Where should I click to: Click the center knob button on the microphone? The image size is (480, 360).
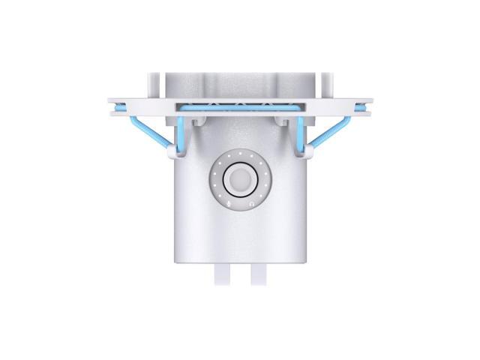240,181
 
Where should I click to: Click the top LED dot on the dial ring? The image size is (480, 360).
240,156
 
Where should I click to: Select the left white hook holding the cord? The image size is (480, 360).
172,153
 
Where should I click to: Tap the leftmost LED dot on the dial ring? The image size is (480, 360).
215,181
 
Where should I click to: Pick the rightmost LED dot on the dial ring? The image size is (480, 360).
265,181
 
